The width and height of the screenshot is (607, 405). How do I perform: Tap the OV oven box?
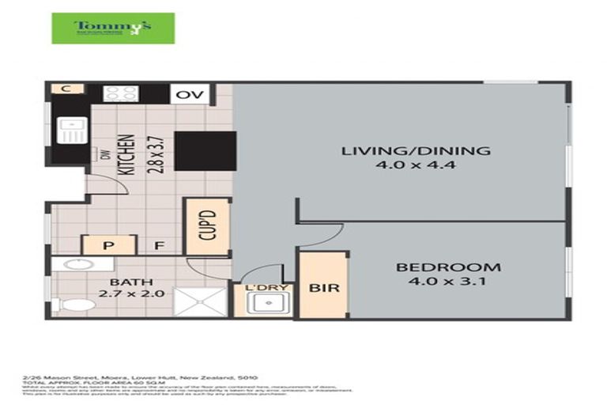tap(190, 94)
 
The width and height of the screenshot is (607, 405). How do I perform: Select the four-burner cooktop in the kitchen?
tap(121, 93)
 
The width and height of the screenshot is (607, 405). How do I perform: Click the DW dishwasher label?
tap(104, 155)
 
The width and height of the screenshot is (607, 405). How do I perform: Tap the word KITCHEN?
tap(125, 155)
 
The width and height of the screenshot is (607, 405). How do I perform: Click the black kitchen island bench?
tap(205, 150)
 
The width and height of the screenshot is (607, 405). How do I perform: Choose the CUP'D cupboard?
tap(207, 224)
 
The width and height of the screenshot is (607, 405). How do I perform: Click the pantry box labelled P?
tap(108, 246)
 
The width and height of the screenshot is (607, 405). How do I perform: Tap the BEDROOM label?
tap(448, 267)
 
